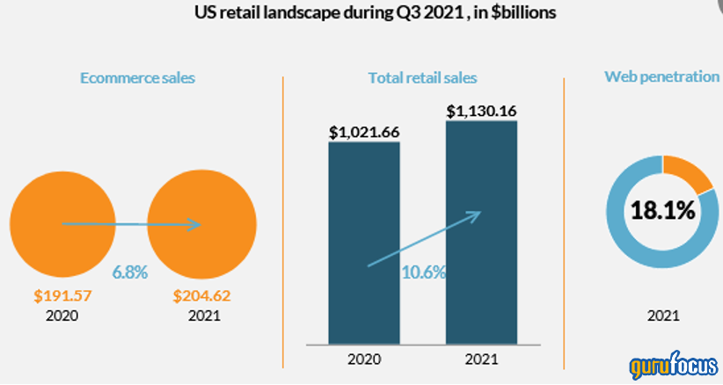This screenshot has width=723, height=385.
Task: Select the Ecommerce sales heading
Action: coord(137,77)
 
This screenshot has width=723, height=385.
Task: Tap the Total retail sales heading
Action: coord(422,77)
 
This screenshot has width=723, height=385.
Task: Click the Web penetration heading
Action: coord(661,76)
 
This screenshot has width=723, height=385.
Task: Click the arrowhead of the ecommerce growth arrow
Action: coord(195,225)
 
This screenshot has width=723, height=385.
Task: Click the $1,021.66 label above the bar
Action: coord(364,133)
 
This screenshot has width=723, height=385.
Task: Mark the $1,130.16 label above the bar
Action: coord(481,112)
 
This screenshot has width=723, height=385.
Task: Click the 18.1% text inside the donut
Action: coord(661,211)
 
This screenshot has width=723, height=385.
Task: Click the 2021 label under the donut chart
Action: coord(661,315)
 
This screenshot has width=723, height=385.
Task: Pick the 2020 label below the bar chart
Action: coord(363,359)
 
